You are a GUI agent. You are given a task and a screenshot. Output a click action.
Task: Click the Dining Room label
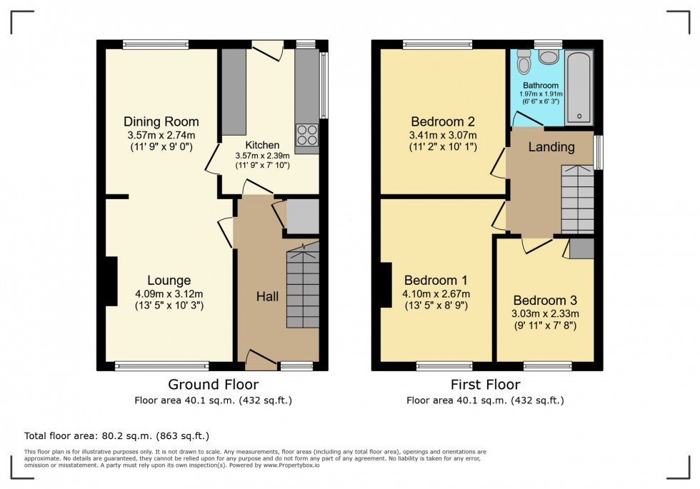(161, 121)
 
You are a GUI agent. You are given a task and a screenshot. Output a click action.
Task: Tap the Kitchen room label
(263, 145)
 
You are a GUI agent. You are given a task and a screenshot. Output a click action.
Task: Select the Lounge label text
(169, 280)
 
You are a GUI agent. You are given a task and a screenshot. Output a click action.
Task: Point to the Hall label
(267, 296)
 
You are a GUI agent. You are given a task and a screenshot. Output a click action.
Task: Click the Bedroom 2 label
(442, 121)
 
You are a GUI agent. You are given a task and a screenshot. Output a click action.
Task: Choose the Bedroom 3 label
(544, 301)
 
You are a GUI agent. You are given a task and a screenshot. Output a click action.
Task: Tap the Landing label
(551, 147)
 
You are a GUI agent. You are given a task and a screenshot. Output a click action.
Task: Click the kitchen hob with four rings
(306, 135)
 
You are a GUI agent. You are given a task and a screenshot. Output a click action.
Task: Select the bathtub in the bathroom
(579, 87)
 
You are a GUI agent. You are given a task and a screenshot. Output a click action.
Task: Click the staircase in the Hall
(303, 286)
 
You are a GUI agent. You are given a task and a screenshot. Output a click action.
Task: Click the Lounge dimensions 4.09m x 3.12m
(169, 293)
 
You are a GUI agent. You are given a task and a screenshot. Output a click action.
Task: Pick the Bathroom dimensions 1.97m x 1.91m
(540, 94)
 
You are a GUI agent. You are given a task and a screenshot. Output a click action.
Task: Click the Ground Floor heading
(213, 385)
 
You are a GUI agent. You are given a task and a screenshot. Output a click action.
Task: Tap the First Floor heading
(485, 385)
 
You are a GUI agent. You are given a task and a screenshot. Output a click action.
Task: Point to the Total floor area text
(116, 435)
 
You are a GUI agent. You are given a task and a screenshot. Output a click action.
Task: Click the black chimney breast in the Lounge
(111, 281)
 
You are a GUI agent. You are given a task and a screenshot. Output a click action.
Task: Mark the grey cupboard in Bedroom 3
(581, 248)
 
